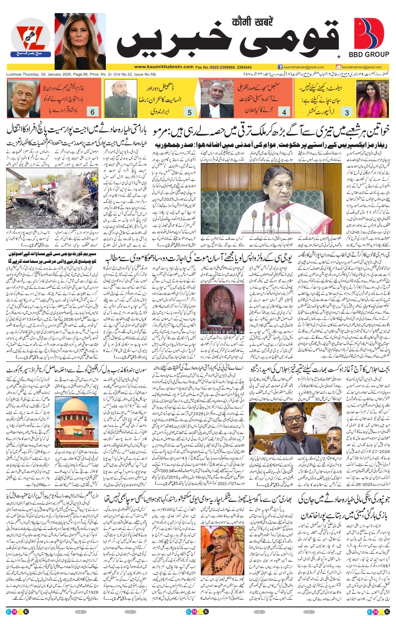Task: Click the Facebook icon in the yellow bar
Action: [x=280, y=67]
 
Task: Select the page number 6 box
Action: [x=92, y=112]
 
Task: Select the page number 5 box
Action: [x=189, y=112]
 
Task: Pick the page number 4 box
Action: [x=284, y=112]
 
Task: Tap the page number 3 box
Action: [x=347, y=112]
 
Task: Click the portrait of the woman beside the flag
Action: [x=80, y=41]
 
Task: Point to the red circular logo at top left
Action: [x=30, y=41]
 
